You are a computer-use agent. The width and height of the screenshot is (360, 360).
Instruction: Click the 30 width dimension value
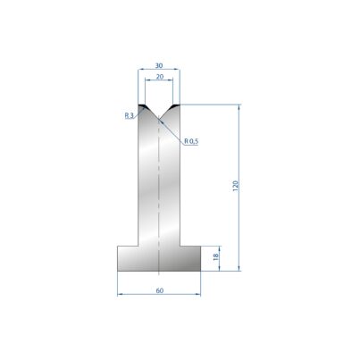point(159,65)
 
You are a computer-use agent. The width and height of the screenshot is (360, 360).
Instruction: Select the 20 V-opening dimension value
point(160,77)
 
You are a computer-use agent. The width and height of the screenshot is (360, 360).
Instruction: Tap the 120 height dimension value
point(236,186)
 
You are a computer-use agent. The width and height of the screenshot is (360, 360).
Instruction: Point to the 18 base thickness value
point(216,256)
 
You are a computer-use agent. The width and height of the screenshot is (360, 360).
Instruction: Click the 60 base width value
point(160,290)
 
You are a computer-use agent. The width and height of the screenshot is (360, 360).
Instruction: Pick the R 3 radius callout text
point(129,115)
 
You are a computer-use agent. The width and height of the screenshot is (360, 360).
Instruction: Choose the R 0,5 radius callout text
point(191,141)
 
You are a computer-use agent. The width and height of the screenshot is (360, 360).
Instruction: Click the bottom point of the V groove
point(159,118)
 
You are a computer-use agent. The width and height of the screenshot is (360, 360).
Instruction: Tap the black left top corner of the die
point(143,106)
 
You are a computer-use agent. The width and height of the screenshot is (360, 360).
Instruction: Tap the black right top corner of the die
point(175,106)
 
